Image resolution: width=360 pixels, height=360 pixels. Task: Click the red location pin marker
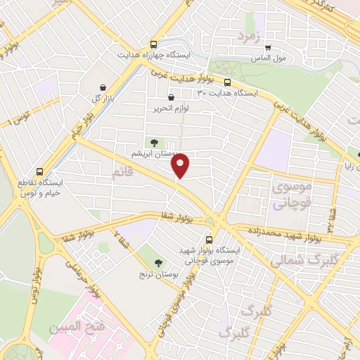coord(181,165)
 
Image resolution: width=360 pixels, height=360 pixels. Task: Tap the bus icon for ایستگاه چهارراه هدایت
coord(154,44)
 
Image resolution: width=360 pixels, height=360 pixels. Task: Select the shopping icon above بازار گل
coord(103,87)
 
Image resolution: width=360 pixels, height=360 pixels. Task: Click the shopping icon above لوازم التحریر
coord(171,98)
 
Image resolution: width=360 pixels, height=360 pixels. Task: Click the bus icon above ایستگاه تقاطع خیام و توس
coord(39,171)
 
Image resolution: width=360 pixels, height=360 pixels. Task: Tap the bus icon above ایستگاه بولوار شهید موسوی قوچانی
coord(209,239)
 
